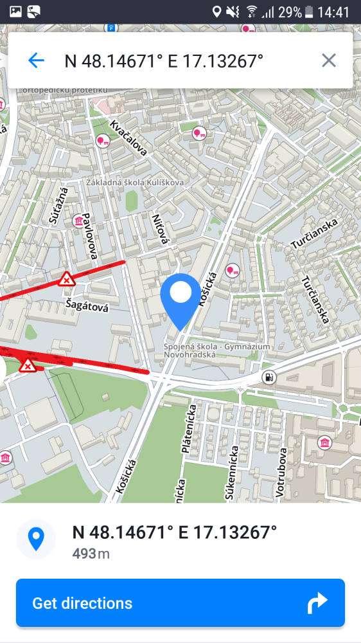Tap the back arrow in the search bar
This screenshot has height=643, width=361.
[x=36, y=61]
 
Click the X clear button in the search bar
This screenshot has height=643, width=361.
[x=328, y=61]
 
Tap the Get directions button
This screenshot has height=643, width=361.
[x=180, y=603]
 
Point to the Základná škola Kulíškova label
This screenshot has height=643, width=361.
[x=135, y=183]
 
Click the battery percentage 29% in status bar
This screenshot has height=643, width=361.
[x=291, y=12]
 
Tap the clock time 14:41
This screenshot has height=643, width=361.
[x=333, y=12]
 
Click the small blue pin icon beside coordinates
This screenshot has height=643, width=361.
[x=36, y=539]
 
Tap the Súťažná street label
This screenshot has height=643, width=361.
[x=58, y=206]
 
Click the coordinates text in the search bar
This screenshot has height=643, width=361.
[x=164, y=61]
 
